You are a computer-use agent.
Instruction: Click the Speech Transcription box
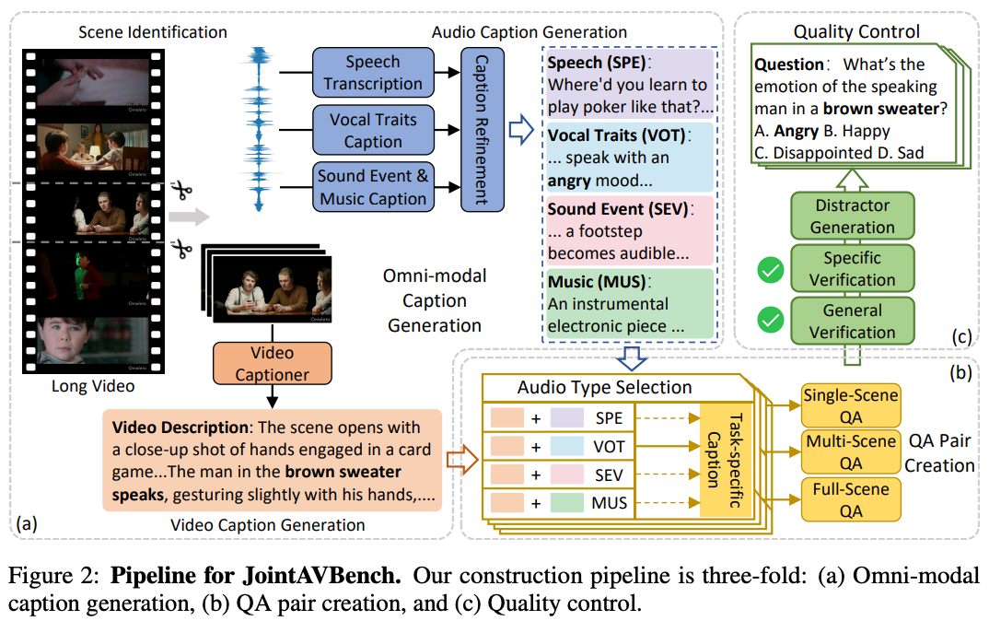point(373,73)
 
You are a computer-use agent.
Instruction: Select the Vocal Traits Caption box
point(373,130)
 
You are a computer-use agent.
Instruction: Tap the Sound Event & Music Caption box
point(373,186)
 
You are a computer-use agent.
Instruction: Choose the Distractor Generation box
point(852,217)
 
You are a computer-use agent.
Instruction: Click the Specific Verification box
point(852,269)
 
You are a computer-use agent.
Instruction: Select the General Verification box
point(852,322)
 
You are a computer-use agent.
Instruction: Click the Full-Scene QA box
point(852,500)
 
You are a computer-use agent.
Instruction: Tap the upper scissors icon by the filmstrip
point(181,192)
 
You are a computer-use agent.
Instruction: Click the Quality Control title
point(856,31)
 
